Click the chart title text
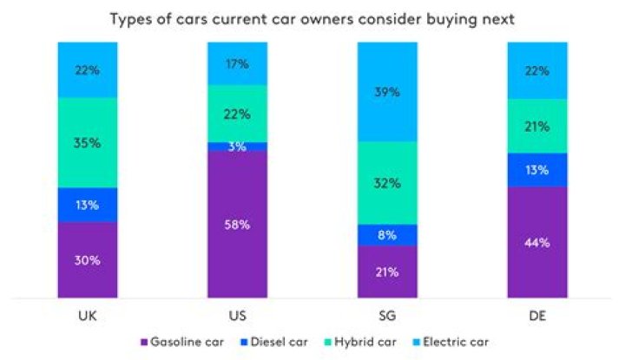click(312, 19)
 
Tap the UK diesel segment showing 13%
click(88, 205)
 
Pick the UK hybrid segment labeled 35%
click(88, 142)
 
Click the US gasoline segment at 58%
click(237, 225)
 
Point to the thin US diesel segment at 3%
click(237, 147)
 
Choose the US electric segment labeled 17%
click(237, 63)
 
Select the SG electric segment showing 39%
click(386, 92)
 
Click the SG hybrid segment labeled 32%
click(386, 183)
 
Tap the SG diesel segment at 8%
click(386, 234)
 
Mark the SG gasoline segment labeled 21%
click(386, 272)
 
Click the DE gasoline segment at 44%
click(536, 243)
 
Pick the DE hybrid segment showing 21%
click(536, 127)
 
